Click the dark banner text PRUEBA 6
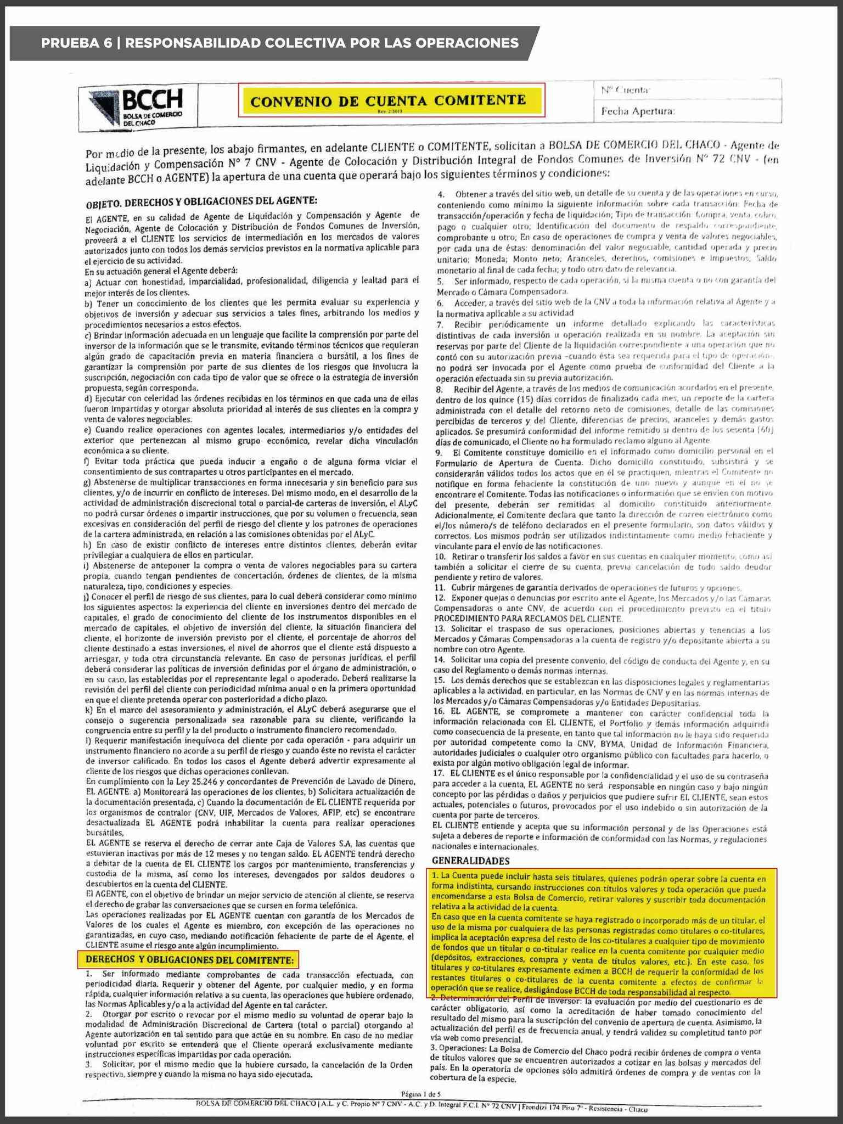click(x=76, y=43)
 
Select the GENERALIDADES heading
click(x=470, y=861)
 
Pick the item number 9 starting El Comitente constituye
click(x=439, y=452)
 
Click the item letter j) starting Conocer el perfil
click(x=87, y=596)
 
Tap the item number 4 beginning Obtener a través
click(x=440, y=194)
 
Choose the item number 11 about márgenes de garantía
click(x=439, y=587)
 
